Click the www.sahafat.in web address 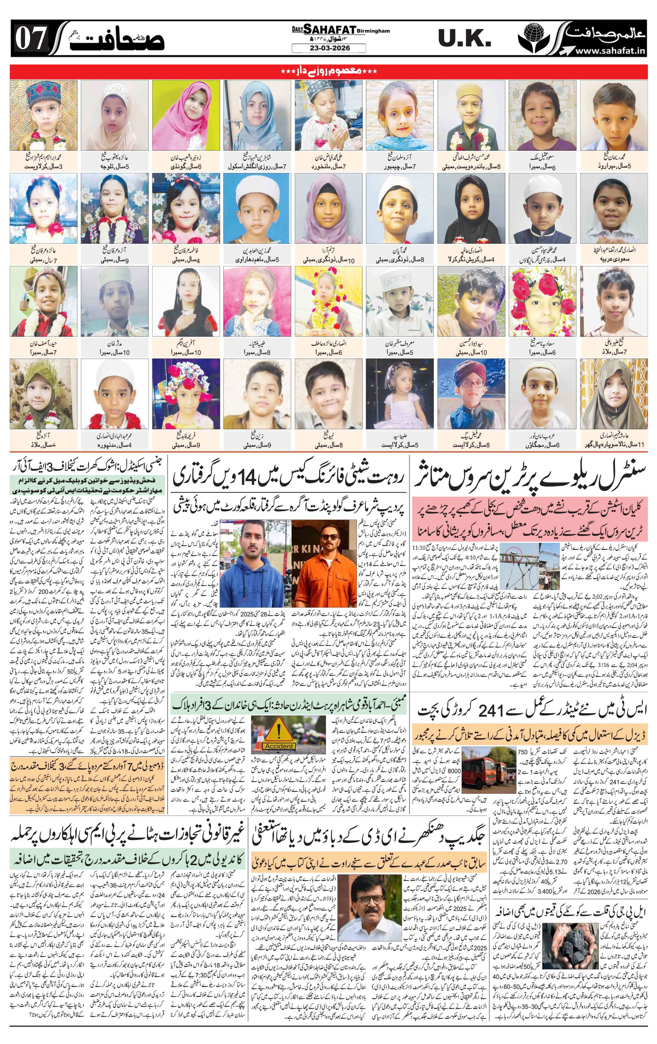pyautogui.click(x=611, y=51)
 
